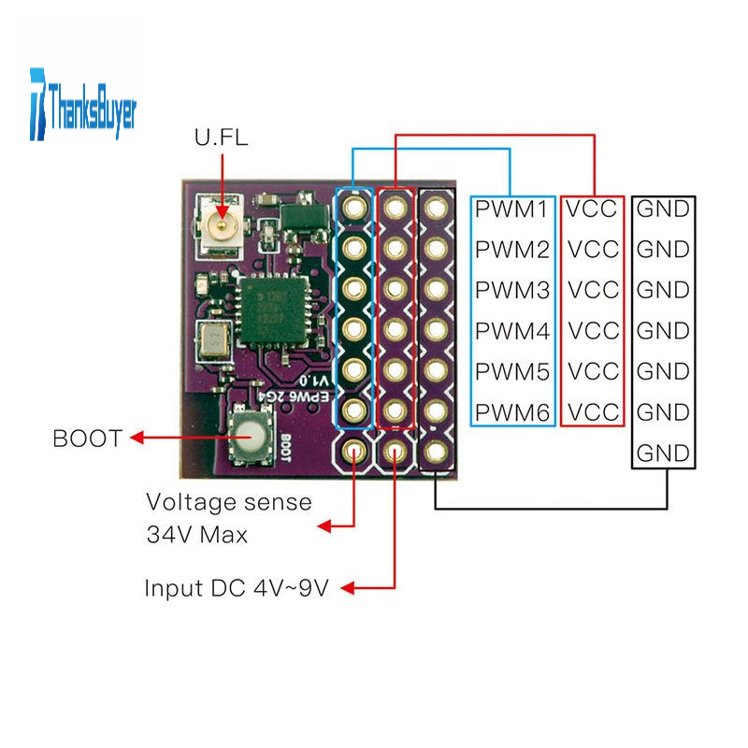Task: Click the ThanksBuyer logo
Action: point(82,103)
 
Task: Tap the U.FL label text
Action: point(222,139)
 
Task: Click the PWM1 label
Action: point(511,209)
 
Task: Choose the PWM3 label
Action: point(511,290)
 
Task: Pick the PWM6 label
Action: point(511,412)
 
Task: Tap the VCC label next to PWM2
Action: point(593,250)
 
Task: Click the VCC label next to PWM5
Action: point(593,371)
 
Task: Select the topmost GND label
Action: point(663,209)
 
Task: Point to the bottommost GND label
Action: point(663,453)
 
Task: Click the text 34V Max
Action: point(196,536)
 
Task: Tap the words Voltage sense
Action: point(228,502)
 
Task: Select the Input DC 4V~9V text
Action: point(236,589)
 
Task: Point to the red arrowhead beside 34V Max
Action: point(327,527)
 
